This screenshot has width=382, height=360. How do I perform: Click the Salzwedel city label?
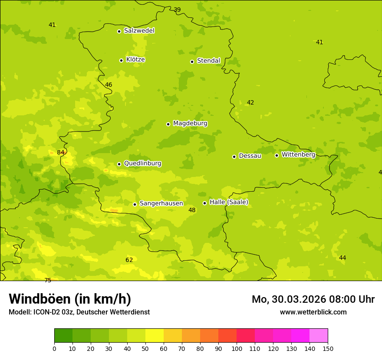139,31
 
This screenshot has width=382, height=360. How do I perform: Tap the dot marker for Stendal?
192,62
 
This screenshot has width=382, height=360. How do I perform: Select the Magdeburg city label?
190,124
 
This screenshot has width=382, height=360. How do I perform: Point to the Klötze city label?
135,60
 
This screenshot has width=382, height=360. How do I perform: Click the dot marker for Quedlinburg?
119,164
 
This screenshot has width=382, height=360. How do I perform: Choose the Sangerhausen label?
161,203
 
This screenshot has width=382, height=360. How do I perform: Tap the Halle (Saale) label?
229,202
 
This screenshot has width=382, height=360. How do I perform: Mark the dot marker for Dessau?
234,157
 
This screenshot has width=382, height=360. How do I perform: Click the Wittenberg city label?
298,155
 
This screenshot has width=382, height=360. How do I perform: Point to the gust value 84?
61,153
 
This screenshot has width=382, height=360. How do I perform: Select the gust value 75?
48,281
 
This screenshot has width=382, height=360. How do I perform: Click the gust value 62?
129,260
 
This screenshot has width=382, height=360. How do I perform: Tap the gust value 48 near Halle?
192,210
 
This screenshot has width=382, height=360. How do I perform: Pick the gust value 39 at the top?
177,10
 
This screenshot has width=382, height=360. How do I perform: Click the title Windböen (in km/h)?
70,299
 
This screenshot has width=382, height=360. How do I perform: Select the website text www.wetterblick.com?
313,312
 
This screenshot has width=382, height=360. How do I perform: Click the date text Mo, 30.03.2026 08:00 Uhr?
313,299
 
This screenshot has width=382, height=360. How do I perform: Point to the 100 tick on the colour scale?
237,348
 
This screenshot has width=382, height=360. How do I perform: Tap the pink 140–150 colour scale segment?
319,336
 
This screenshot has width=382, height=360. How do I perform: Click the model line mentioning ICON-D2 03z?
79,312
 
